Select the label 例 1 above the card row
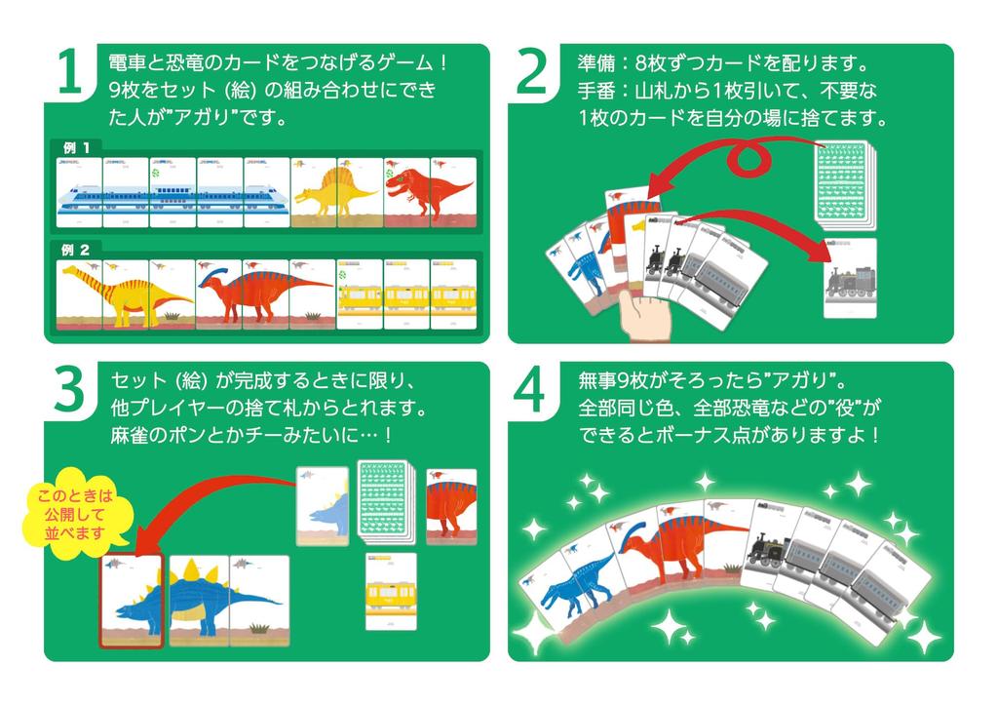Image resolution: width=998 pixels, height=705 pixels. point(77,148)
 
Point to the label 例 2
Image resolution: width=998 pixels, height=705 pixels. point(77,250)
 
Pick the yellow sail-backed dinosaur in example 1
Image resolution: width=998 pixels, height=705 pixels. point(336,195)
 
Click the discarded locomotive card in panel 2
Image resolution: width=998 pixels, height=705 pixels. point(850,278)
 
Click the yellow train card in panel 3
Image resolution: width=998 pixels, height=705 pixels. point(389,594)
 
